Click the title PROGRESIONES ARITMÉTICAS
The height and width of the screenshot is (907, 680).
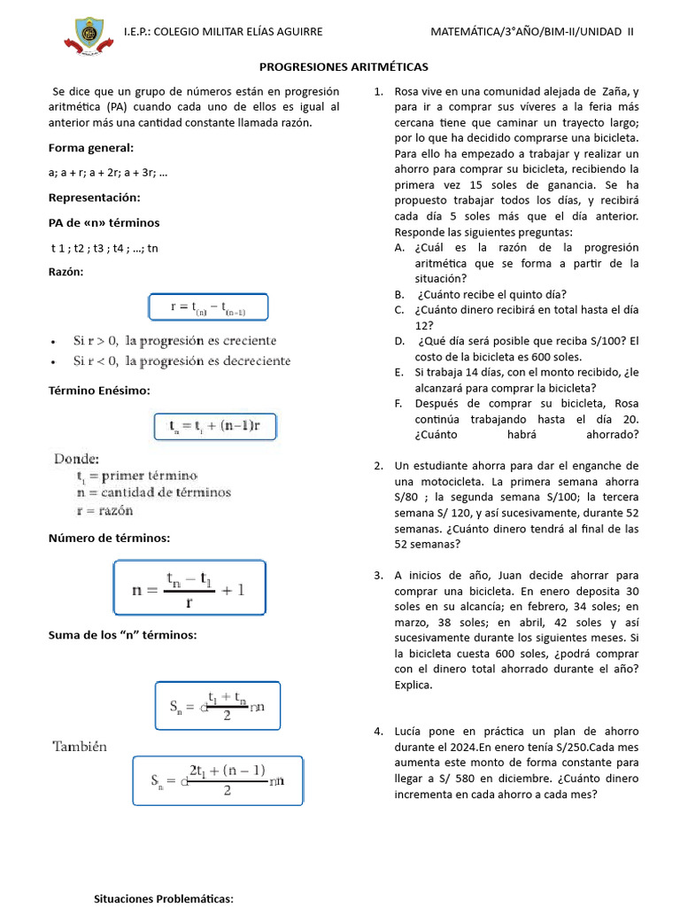(x=344, y=66)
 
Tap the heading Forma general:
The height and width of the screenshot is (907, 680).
(x=91, y=148)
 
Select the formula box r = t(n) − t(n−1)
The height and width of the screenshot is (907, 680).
(x=207, y=307)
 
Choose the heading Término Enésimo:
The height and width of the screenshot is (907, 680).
(x=99, y=390)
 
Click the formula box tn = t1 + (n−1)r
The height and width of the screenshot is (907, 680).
(x=215, y=425)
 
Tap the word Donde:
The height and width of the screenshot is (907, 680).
(x=77, y=459)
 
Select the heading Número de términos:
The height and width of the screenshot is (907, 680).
(x=109, y=538)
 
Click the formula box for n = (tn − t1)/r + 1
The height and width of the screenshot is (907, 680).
(x=188, y=587)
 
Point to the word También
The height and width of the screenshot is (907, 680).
(x=80, y=747)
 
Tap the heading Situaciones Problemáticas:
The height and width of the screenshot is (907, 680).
(x=164, y=899)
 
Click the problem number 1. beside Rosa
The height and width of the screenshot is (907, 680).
(x=378, y=91)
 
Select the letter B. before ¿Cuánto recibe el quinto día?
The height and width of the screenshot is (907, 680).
(x=400, y=295)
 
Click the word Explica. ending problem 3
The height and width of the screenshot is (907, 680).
(x=414, y=685)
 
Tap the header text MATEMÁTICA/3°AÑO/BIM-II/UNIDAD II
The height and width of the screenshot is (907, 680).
(x=531, y=31)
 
